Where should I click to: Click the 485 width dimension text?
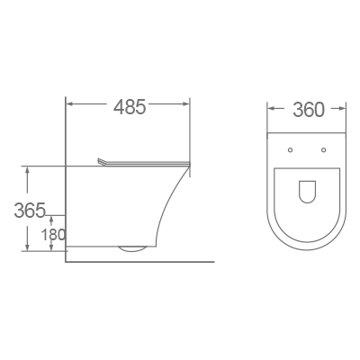(130, 107)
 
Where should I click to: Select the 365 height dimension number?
(31, 211)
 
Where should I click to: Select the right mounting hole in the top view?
(323, 148)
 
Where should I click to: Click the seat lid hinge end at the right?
(190, 162)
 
